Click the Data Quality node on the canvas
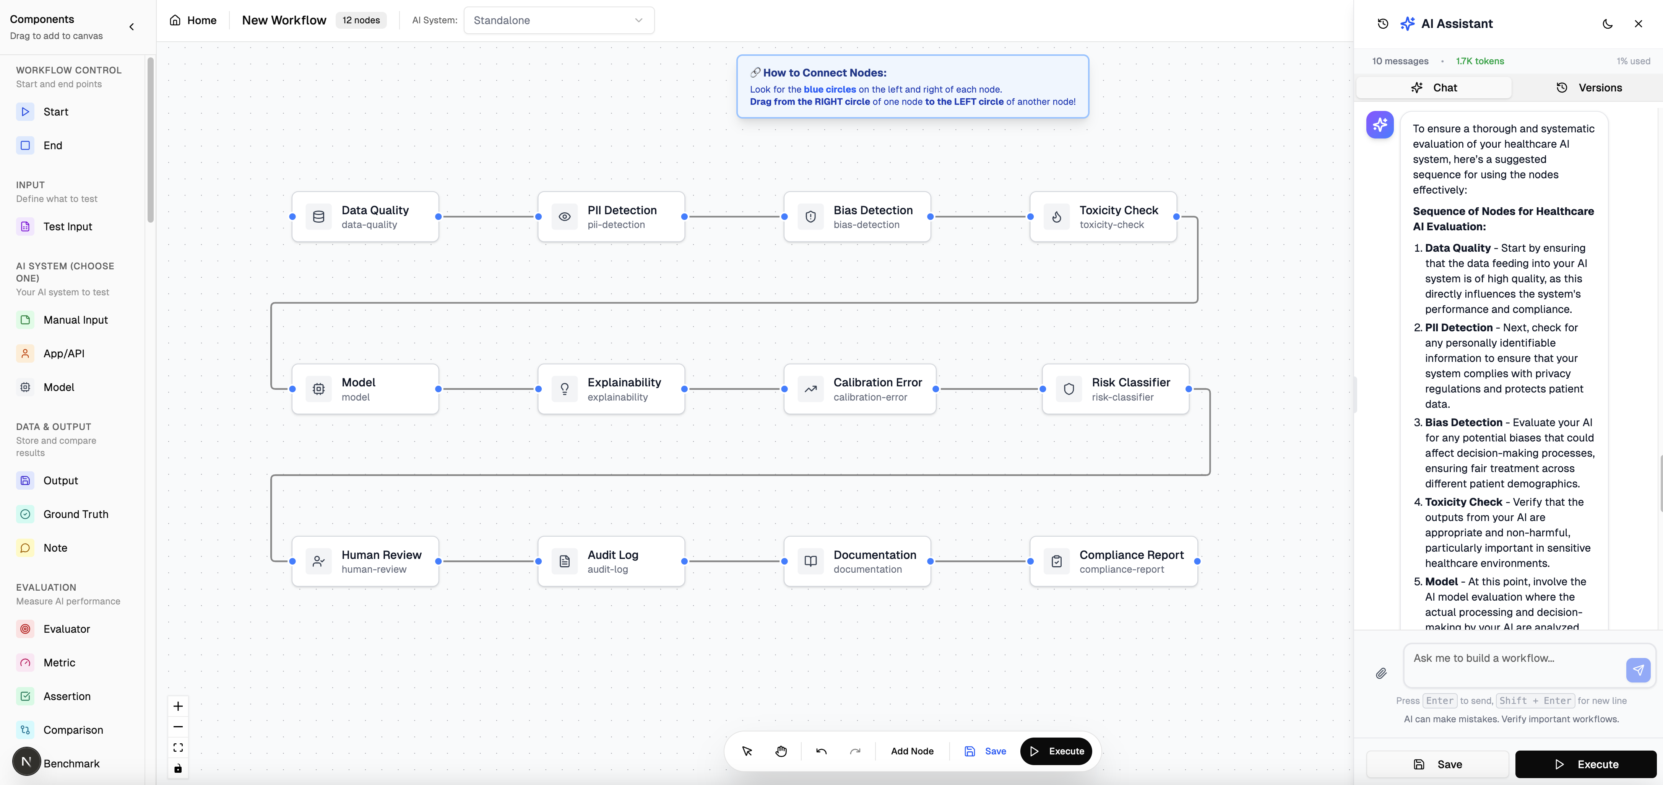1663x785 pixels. [x=365, y=217]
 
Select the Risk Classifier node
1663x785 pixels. [x=1116, y=389]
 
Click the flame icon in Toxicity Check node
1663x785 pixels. [x=1056, y=217]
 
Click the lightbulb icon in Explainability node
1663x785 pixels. [x=564, y=389]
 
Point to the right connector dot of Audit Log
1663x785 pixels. [x=684, y=562]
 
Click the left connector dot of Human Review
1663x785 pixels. [x=292, y=562]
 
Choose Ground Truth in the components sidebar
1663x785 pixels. [x=76, y=514]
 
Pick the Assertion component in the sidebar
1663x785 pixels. [x=67, y=697]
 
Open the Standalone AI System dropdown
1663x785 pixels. [x=559, y=20]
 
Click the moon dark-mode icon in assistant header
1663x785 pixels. [x=1608, y=24]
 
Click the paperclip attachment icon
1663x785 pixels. [x=1381, y=673]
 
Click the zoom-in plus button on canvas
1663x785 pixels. [x=178, y=706]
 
